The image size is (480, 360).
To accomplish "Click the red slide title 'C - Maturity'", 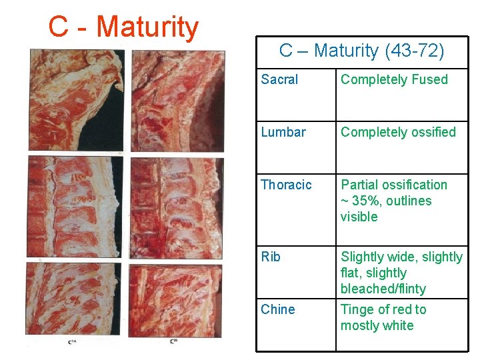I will click(x=123, y=27).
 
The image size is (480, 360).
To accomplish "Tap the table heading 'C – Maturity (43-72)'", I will click(x=361, y=50).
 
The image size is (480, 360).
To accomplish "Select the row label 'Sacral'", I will click(x=279, y=80).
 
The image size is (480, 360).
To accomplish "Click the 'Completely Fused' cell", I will click(x=394, y=80).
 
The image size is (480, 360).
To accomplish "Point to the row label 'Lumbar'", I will click(x=283, y=132).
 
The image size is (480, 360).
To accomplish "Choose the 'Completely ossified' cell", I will click(x=398, y=132).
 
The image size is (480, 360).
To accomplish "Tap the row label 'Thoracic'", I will click(x=286, y=185).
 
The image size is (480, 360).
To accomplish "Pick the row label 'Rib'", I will click(x=271, y=257).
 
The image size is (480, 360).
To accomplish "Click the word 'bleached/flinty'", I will click(x=383, y=289).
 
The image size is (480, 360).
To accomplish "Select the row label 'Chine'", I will click(x=278, y=309).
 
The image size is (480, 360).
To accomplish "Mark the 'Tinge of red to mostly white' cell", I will click(x=383, y=317).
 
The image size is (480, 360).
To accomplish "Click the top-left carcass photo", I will click(x=75, y=100).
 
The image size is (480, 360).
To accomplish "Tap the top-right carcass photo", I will click(x=177, y=100).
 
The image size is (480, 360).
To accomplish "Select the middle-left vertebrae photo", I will click(x=75, y=207).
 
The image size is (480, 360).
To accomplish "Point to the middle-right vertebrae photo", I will click(x=177, y=207).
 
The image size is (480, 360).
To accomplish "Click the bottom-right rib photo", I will click(x=177, y=299).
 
